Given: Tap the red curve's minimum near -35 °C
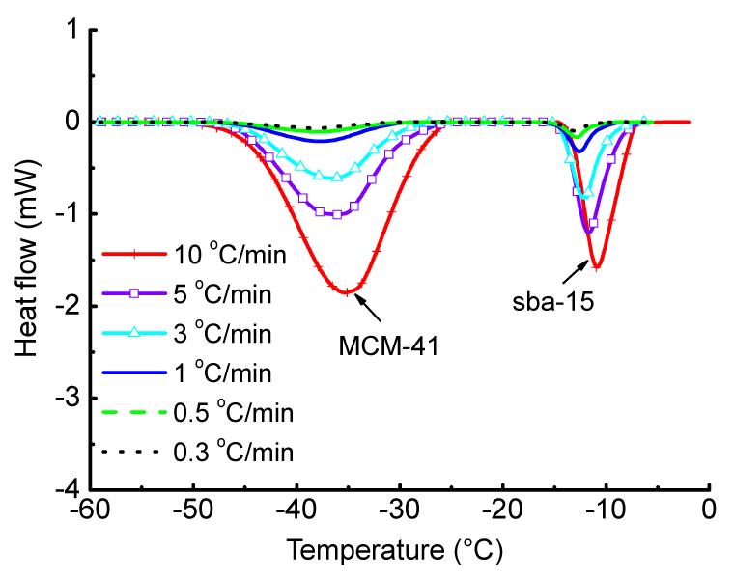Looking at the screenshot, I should pos(347,291).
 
